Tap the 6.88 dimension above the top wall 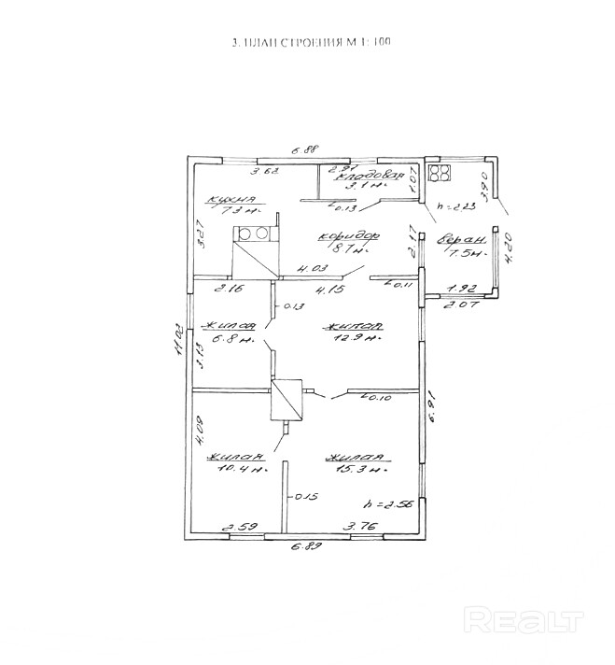(x=306, y=149)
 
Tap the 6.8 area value (x=228, y=339)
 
